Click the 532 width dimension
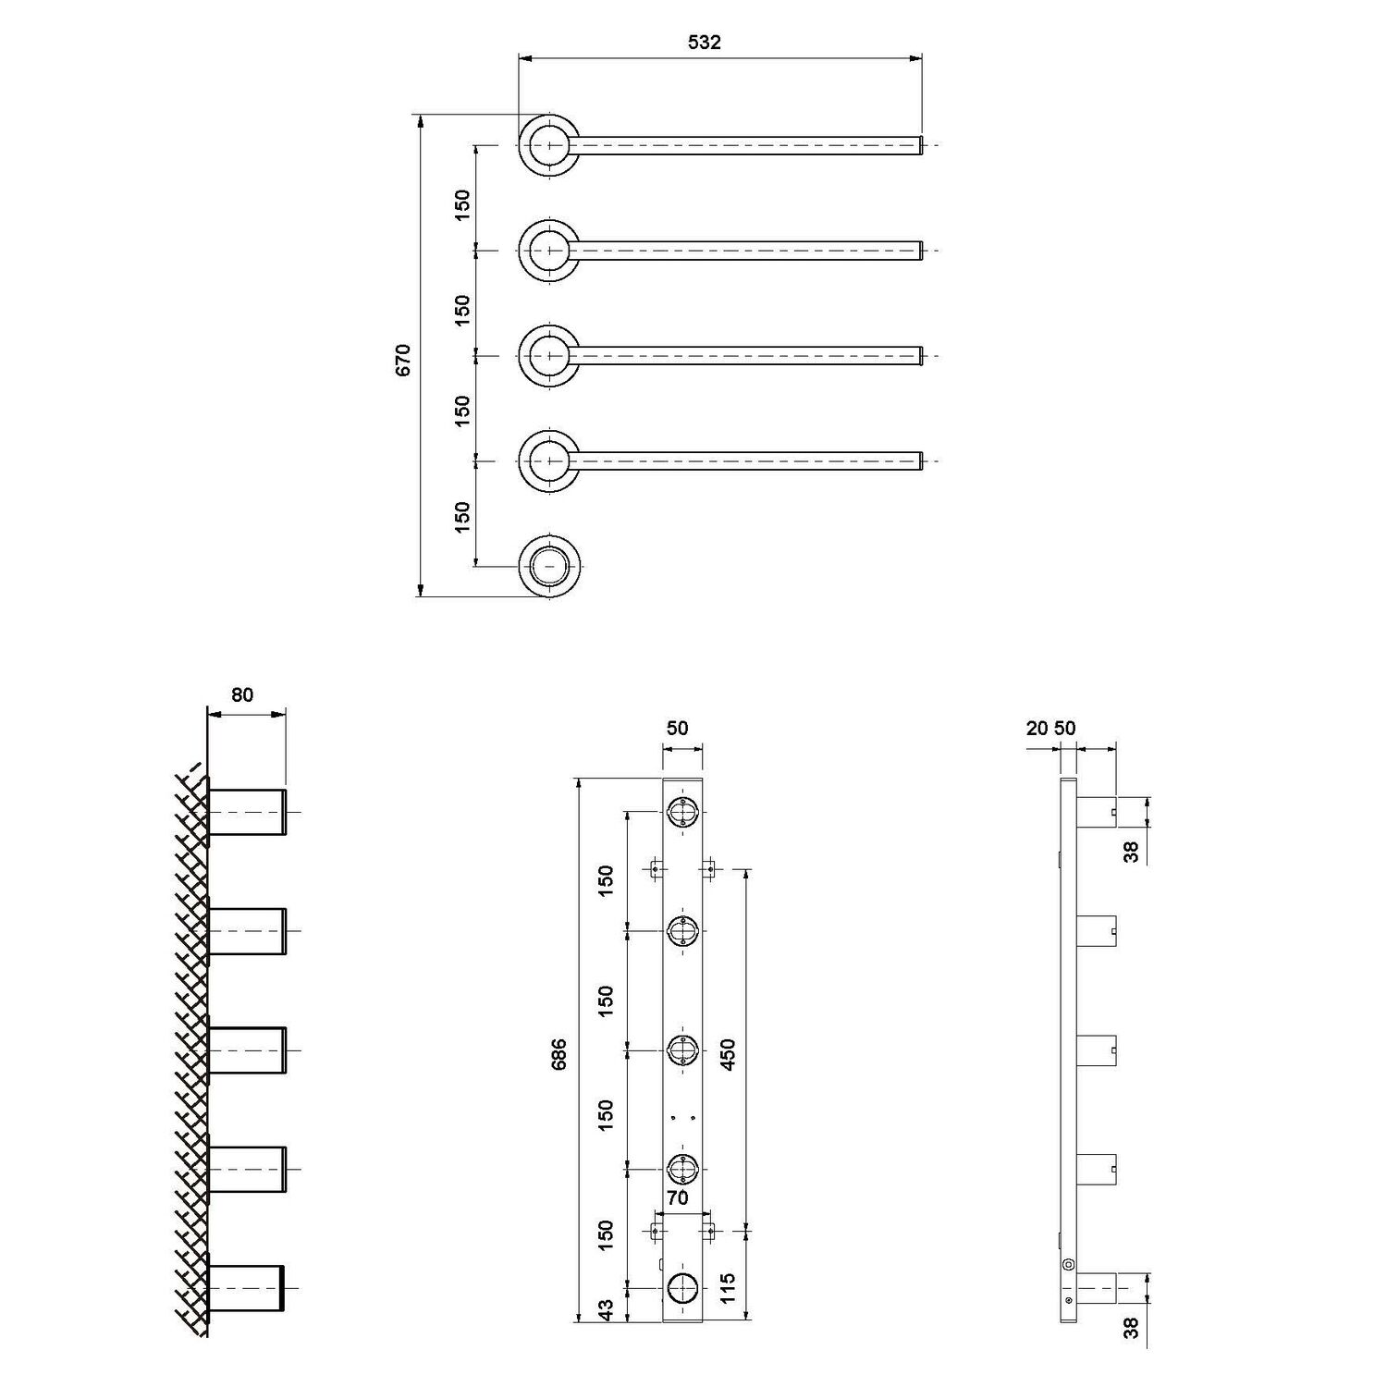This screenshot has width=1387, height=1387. [x=705, y=43]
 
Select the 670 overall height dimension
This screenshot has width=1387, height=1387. [x=403, y=359]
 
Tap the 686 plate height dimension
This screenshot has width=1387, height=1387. [x=559, y=1054]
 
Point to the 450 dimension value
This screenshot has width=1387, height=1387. [x=729, y=1054]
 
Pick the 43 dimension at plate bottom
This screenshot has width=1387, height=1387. [x=606, y=1310]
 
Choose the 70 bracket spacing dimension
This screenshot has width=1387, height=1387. [x=678, y=1198]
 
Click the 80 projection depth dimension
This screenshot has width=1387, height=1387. [x=242, y=694]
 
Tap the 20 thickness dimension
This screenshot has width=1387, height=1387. [x=1037, y=728]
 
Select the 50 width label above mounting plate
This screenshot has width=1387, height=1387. [x=678, y=728]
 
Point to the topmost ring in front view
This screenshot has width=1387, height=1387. [x=549, y=146]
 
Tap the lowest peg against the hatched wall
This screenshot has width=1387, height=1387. [x=248, y=1287]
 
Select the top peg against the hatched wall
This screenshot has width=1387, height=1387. [x=248, y=812]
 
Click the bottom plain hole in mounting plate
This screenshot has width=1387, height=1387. [x=682, y=1287]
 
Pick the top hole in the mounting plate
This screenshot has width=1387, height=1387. [x=682, y=812]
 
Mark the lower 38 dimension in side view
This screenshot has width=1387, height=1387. [x=1132, y=1328]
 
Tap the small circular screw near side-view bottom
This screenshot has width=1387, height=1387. [x=1069, y=1265]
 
